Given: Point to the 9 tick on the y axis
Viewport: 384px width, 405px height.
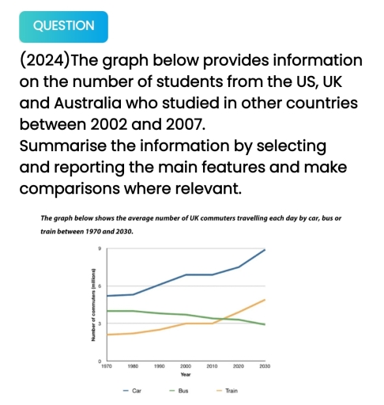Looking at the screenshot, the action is click(x=100, y=248).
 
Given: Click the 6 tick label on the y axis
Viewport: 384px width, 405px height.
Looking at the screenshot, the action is click(x=100, y=286).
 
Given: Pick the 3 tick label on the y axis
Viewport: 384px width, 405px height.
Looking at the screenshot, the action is click(x=100, y=323).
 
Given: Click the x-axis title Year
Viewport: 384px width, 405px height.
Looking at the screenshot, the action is click(x=185, y=375).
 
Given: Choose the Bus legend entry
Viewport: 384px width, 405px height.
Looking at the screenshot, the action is click(x=179, y=391).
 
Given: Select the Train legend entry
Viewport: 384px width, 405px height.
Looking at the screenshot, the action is click(x=227, y=391).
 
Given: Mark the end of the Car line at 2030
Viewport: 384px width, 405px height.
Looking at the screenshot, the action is click(x=265, y=249).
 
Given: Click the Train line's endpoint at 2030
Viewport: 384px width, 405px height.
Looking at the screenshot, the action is click(x=265, y=300).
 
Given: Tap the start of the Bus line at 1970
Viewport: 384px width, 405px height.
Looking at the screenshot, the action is click(x=106, y=311).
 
